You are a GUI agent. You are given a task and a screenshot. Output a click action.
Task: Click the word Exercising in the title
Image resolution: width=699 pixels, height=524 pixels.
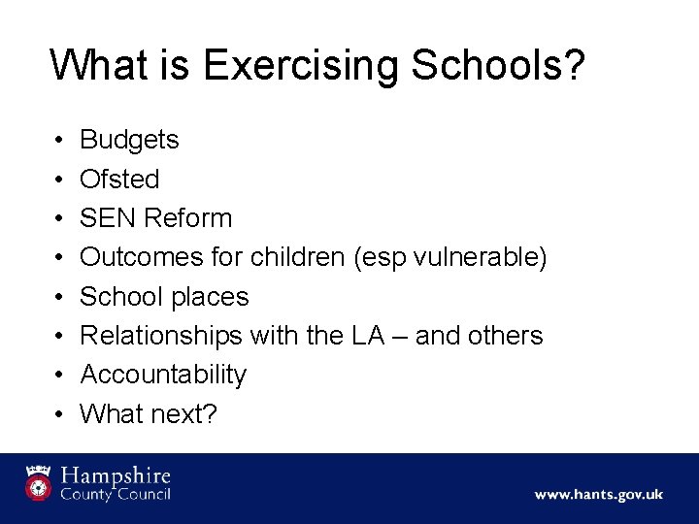point(301,66)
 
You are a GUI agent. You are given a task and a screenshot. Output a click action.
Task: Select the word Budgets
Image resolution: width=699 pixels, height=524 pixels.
point(129,140)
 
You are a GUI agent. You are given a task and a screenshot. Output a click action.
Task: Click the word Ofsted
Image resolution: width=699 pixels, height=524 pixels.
point(119,179)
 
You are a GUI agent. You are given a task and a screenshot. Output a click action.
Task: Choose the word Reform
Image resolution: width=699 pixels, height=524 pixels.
point(188,217)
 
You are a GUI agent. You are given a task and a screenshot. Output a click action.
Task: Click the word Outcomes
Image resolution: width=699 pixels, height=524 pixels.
point(142,257)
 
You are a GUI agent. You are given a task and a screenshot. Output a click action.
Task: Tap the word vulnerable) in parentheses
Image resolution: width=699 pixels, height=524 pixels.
point(479,257)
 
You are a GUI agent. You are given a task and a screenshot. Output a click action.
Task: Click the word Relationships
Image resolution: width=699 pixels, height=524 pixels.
point(161,335)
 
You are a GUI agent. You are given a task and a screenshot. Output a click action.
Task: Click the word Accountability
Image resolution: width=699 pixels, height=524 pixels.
point(163,374)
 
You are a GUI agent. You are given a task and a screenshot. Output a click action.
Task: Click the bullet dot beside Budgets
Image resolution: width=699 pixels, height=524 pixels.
point(59,140)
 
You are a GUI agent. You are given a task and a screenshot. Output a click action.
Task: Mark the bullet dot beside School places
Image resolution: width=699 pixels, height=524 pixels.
point(59,296)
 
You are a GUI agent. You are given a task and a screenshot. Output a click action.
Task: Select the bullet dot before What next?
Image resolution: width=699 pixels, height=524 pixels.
point(59,413)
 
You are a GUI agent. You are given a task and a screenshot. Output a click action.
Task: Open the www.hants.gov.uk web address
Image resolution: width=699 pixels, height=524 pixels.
point(598,494)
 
